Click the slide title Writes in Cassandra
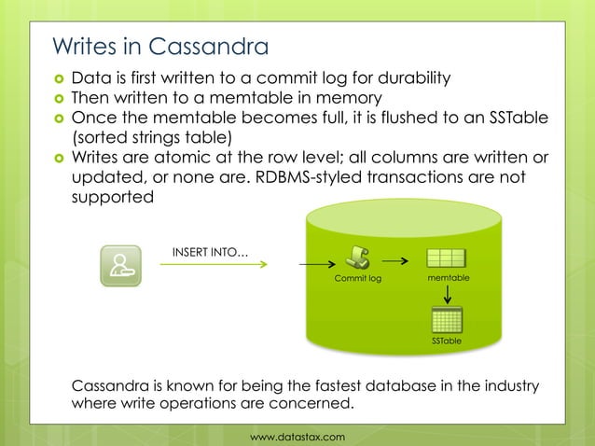tap(159, 46)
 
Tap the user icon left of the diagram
tap(120, 265)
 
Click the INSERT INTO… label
tap(210, 250)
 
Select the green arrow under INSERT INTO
tap(214, 265)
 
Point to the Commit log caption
tap(358, 279)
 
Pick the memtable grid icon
tap(447, 259)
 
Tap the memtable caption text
tap(448, 279)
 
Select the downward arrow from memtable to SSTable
tap(448, 295)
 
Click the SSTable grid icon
tap(447, 320)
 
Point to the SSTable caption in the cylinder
tap(447, 343)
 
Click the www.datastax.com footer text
tap(298, 436)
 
